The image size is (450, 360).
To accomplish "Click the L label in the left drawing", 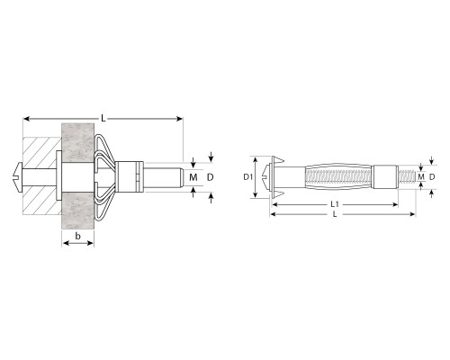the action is tap(103, 118).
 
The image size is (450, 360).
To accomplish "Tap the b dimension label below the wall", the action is tap(77, 236).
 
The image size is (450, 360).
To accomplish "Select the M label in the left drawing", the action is tap(193, 177).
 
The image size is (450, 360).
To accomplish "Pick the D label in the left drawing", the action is tap(211, 177).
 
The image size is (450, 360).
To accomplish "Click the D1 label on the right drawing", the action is tap(247, 177).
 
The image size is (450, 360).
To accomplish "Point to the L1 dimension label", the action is tap(335, 204).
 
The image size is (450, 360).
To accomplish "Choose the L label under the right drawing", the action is tap(335, 214).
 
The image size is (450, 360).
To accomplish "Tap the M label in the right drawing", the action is tap(421, 176).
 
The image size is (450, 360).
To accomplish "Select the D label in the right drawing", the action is tap(432, 177).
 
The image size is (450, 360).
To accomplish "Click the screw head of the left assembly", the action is tap(18, 177).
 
